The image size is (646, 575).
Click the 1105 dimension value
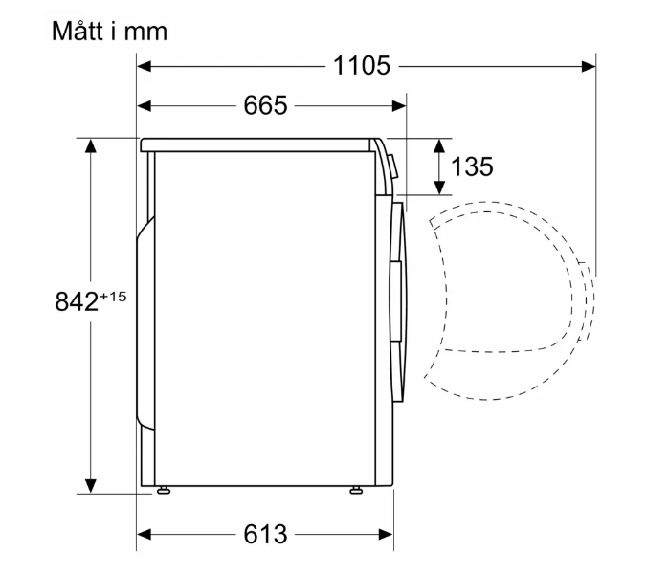(362, 65)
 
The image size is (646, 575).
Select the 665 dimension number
(265, 105)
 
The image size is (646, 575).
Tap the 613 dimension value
(265, 534)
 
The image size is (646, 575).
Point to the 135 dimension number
(472, 166)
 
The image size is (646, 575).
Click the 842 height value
(77, 301)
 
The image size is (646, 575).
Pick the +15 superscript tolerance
(113, 297)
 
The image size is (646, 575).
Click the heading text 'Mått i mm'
(110, 31)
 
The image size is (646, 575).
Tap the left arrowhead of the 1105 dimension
(145, 66)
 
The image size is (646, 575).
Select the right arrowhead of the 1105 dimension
(589, 66)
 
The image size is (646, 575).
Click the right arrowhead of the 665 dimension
(399, 106)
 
